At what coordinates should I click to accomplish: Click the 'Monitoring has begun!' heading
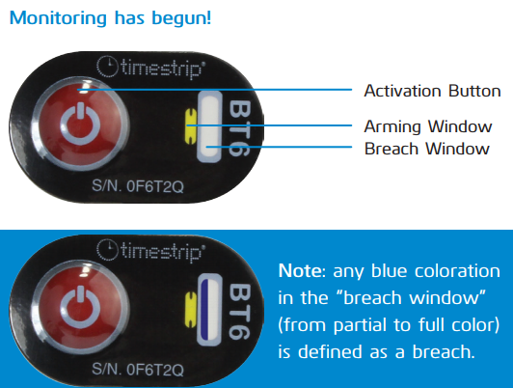[110, 18]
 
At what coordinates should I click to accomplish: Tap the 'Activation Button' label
[432, 91]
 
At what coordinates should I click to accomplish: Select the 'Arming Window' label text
[428, 126]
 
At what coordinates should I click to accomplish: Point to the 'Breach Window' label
[426, 149]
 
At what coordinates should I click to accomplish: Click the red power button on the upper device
[80, 124]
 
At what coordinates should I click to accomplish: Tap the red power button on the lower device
[80, 307]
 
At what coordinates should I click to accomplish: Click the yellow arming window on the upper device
[191, 126]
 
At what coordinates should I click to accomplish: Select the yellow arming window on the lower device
[191, 310]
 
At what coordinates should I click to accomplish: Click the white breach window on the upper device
[209, 126]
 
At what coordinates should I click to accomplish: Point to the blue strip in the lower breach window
[204, 310]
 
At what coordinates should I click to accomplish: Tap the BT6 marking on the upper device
[240, 127]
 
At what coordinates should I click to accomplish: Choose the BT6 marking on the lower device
[240, 311]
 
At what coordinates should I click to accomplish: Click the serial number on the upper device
[138, 186]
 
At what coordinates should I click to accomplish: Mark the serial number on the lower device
[138, 370]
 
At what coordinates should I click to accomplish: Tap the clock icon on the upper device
[107, 67]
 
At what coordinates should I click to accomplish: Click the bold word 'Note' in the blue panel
[300, 271]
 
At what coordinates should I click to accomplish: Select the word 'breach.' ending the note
[444, 351]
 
